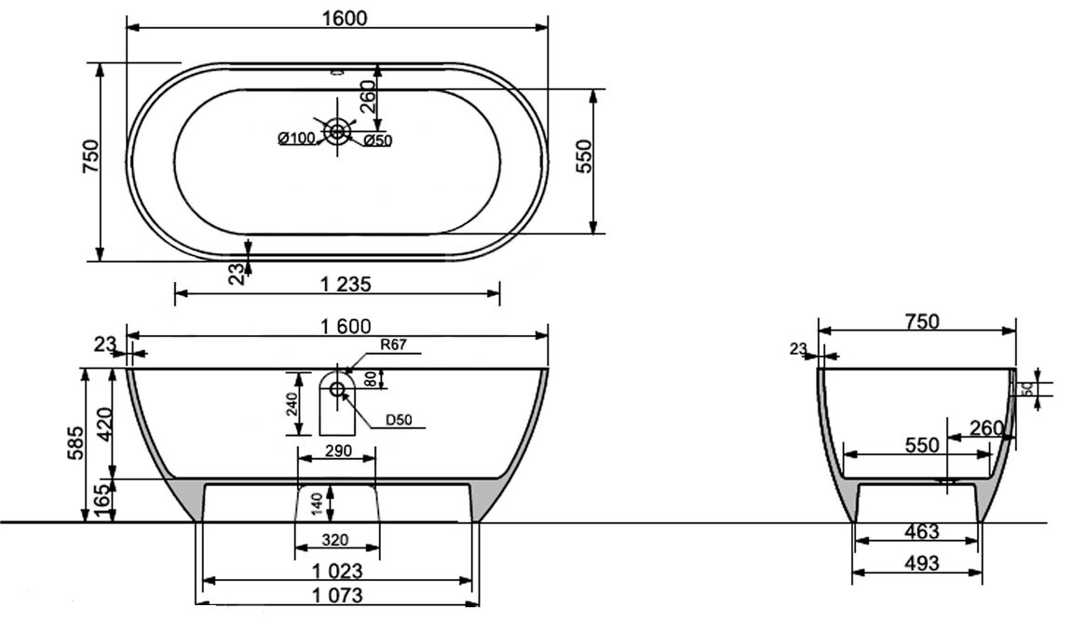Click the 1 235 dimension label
(x=346, y=284)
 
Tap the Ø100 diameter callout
(x=296, y=139)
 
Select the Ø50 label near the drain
(x=377, y=141)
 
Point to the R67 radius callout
(x=393, y=344)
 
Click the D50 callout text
(x=399, y=420)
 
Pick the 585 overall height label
(x=75, y=443)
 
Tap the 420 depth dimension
(x=103, y=425)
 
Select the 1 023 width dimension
(x=337, y=571)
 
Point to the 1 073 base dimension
(x=337, y=595)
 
